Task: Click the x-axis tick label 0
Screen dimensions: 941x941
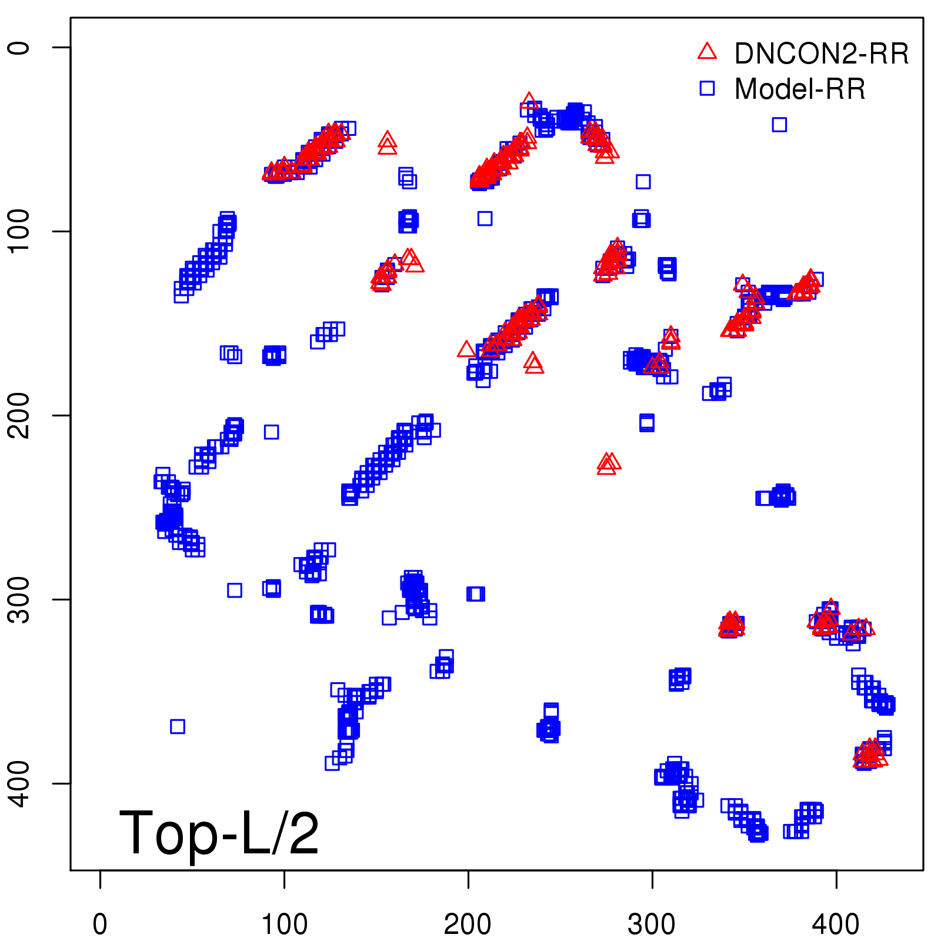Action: [x=100, y=925]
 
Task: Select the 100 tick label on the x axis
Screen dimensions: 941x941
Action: [x=284, y=925]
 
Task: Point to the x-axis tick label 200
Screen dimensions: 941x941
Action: [x=468, y=925]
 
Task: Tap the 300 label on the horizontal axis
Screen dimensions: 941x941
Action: [x=652, y=925]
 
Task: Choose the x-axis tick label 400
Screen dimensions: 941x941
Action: [x=836, y=925]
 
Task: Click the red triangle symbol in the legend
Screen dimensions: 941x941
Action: [x=707, y=52]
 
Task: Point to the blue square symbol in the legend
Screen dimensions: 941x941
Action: [x=707, y=88]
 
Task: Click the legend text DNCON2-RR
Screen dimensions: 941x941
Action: [x=822, y=54]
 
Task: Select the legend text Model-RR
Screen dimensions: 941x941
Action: [x=800, y=89]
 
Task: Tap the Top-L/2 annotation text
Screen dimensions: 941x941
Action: [x=219, y=833]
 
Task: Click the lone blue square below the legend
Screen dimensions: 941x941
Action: [x=779, y=125]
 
